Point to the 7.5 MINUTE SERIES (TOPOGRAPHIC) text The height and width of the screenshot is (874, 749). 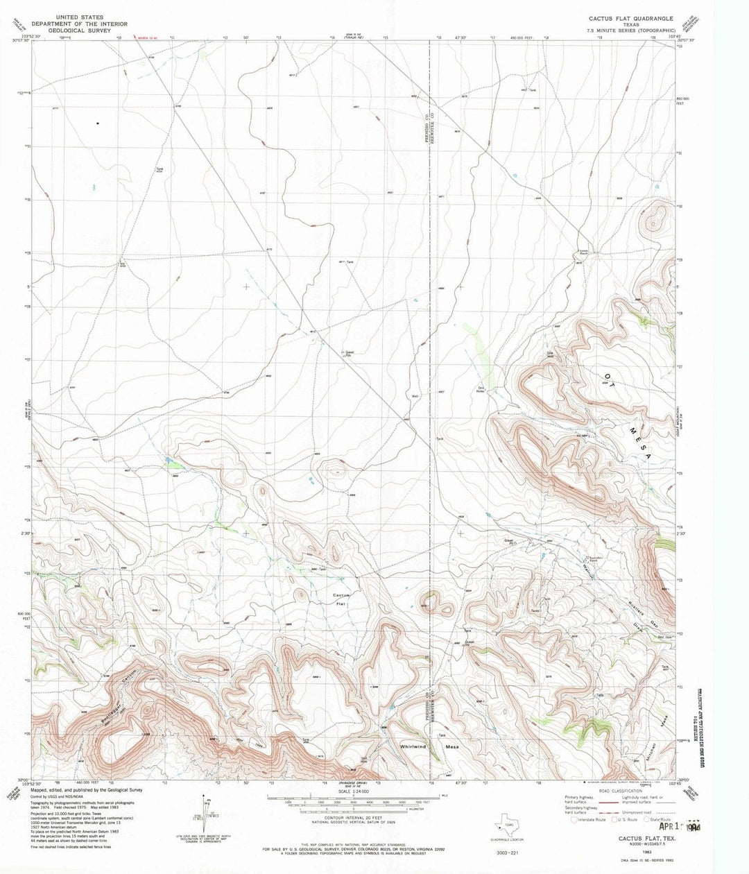[630, 31]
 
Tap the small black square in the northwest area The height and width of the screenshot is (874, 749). [98, 123]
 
